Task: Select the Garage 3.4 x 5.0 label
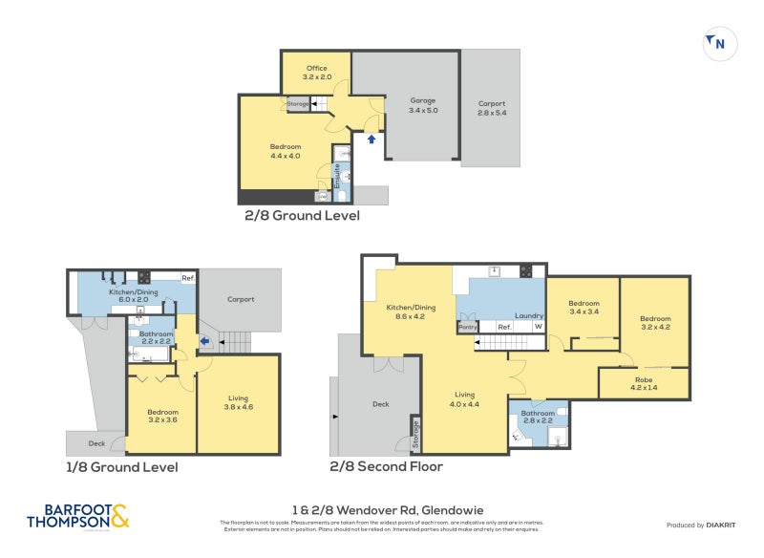(423, 105)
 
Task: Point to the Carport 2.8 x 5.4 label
(491, 108)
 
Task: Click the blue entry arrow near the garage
(371, 139)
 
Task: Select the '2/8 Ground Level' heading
(303, 216)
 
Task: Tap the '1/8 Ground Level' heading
(121, 467)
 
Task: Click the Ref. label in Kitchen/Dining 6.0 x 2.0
(189, 278)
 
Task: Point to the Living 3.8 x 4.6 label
(239, 402)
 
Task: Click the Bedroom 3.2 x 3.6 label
(161, 415)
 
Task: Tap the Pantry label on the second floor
(468, 327)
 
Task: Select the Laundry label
(528, 315)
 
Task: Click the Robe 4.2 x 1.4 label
(644, 383)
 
